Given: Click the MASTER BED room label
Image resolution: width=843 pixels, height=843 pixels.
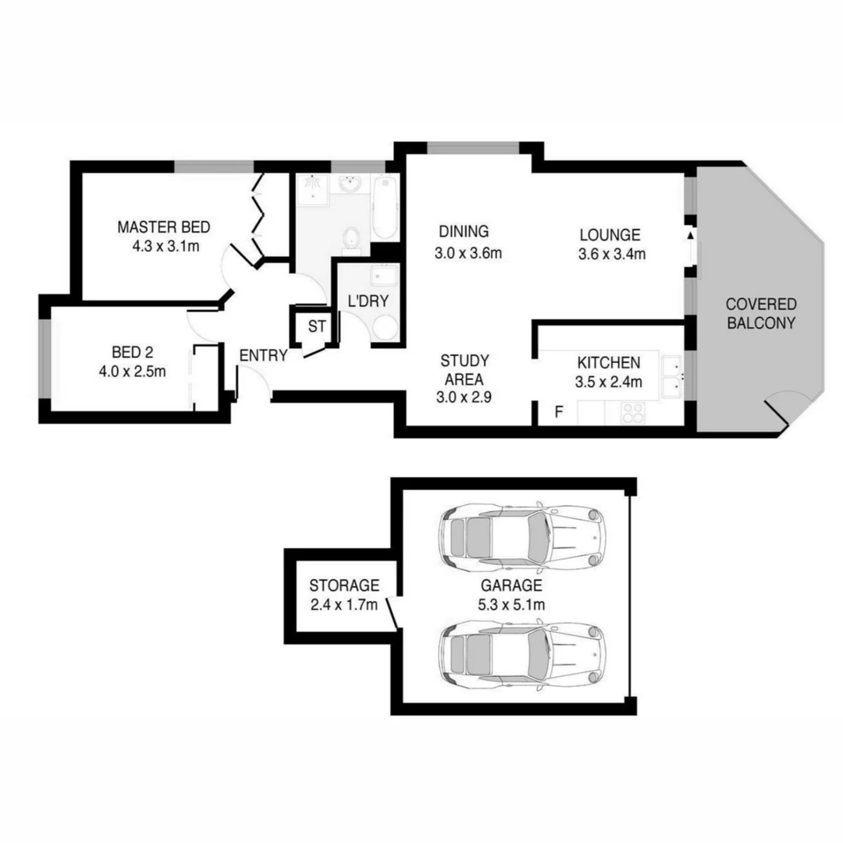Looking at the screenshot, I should coord(163,227).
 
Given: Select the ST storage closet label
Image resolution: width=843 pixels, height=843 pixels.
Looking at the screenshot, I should coord(317,326).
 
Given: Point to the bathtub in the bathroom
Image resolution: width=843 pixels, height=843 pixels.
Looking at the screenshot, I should coord(384,208).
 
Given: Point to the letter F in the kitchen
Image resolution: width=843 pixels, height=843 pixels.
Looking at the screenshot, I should coord(559,412).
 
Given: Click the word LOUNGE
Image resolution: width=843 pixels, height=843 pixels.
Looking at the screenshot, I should coord(610,234).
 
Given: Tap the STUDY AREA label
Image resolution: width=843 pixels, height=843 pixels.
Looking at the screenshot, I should coord(464,370).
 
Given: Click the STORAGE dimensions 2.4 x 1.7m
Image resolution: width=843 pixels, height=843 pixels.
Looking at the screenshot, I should coord(344,603).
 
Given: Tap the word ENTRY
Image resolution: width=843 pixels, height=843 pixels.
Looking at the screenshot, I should coord(263,355).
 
